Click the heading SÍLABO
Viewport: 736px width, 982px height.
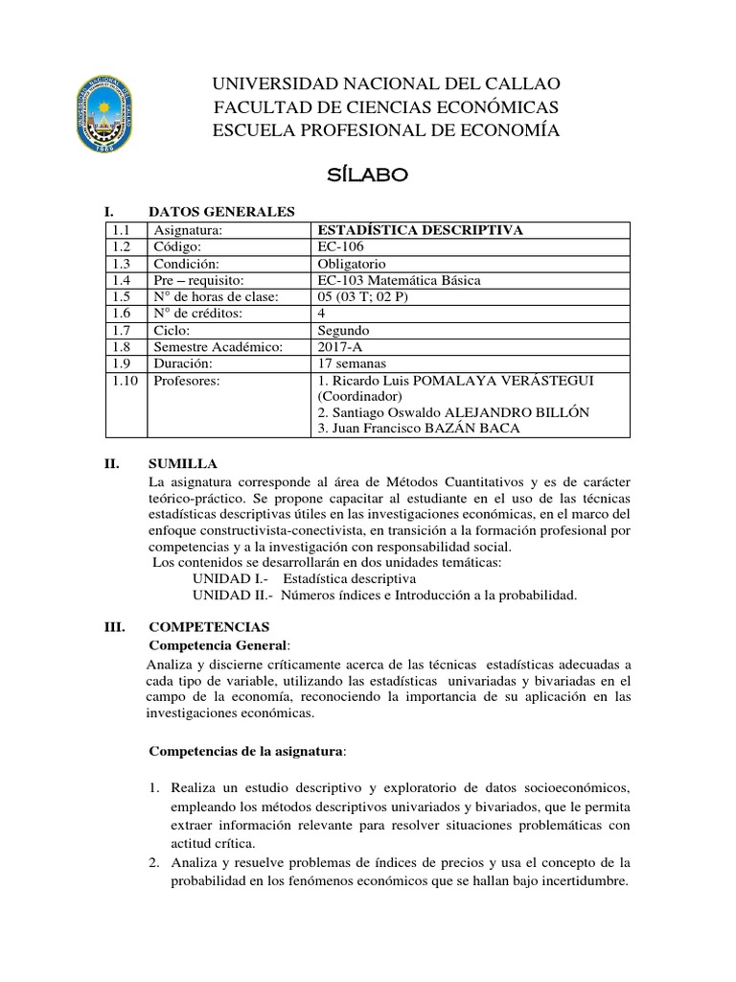pyautogui.click(x=368, y=175)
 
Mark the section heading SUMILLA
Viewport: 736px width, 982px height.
pyautogui.click(x=181, y=463)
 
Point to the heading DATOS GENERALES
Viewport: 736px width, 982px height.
pyautogui.click(x=221, y=212)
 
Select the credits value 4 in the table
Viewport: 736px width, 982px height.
pyautogui.click(x=320, y=314)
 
